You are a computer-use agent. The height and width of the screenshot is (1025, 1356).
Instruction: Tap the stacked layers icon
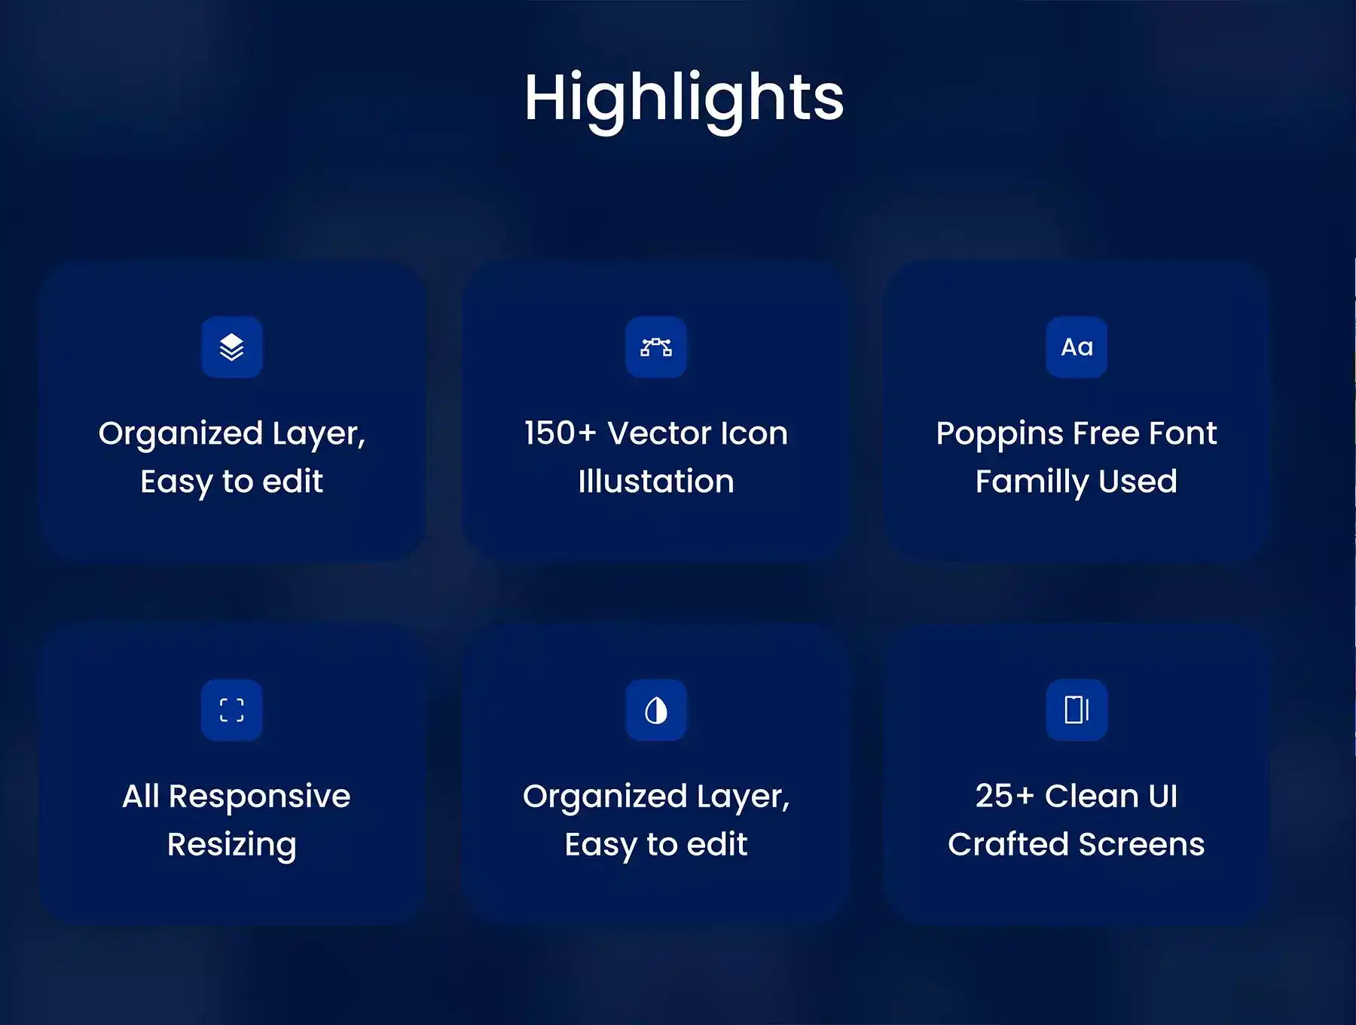coord(232,347)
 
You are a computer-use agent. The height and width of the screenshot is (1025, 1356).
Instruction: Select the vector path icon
coord(655,347)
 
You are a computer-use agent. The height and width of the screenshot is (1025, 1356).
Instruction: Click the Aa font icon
coord(1077,347)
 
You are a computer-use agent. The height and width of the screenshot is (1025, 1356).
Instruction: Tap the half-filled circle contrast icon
coord(655,710)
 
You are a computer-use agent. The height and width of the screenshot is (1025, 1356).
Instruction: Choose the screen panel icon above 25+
coord(1077,710)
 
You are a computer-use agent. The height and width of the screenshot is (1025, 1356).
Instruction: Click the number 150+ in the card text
coord(560,433)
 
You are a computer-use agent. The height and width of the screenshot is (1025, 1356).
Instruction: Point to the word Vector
coord(660,433)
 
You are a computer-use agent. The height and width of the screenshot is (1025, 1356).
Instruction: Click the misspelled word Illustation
coord(656,481)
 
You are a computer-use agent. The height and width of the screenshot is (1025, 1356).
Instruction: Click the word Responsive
coord(260,797)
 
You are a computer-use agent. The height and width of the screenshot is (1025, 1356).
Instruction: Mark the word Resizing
coord(232,846)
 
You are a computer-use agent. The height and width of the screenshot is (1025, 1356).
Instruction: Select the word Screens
coord(1135,844)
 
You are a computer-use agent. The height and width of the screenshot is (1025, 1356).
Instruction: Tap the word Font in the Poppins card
coord(1184,433)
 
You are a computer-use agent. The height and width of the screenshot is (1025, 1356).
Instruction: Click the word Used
coord(1138,481)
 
